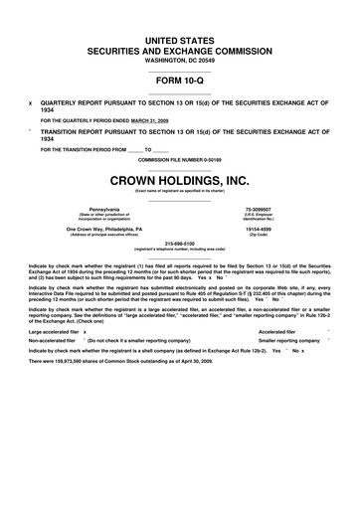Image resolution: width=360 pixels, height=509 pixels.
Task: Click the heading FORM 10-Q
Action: [x=180, y=77]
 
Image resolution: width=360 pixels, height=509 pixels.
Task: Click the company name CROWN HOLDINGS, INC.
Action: [x=180, y=180]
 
